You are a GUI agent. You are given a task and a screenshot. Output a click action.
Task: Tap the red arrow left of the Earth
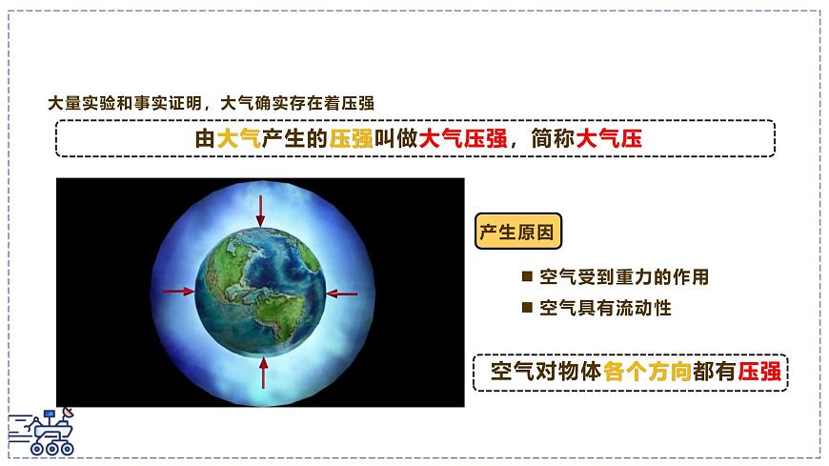[178, 292]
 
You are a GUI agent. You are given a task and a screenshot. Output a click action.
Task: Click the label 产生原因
[517, 232]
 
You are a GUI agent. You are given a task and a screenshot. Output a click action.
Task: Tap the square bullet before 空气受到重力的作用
[526, 277]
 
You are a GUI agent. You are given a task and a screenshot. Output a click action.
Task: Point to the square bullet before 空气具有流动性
[526, 307]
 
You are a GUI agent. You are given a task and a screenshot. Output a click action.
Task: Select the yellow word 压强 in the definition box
[351, 138]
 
